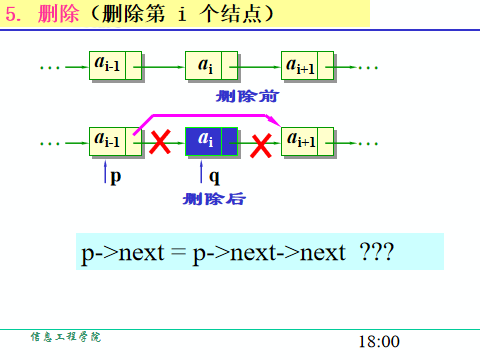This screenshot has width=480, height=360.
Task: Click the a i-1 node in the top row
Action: (x=113, y=67)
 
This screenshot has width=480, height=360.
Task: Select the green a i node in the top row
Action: (x=210, y=67)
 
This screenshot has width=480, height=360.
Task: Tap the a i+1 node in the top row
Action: (x=305, y=67)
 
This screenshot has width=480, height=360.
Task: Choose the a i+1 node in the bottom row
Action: (x=305, y=141)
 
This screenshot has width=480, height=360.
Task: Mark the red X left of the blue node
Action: (x=159, y=143)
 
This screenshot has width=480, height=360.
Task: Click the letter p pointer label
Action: (x=116, y=176)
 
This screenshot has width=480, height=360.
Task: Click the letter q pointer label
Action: (x=214, y=177)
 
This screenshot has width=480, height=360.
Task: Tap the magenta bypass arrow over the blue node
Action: (x=210, y=115)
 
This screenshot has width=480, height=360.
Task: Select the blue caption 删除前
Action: (x=246, y=97)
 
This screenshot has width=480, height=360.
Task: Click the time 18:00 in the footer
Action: (x=378, y=341)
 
